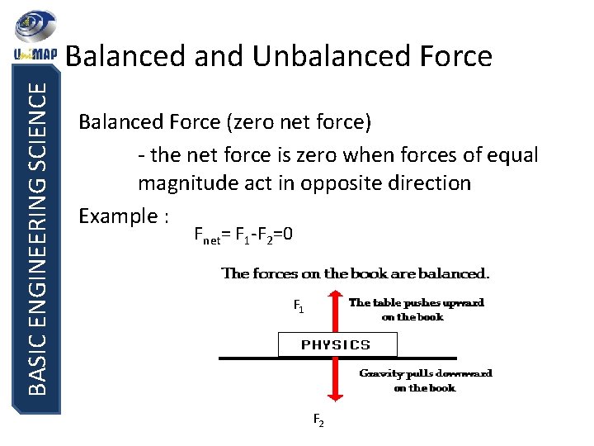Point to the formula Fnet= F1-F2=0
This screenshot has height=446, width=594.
[243, 235]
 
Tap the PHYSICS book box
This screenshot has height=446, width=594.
[337, 344]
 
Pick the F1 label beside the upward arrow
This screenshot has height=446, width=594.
[299, 307]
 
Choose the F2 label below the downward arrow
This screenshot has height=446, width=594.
[318, 420]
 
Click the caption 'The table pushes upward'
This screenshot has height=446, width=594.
[417, 302]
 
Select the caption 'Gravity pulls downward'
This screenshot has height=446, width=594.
[426, 373]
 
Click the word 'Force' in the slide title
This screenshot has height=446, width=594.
[452, 55]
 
